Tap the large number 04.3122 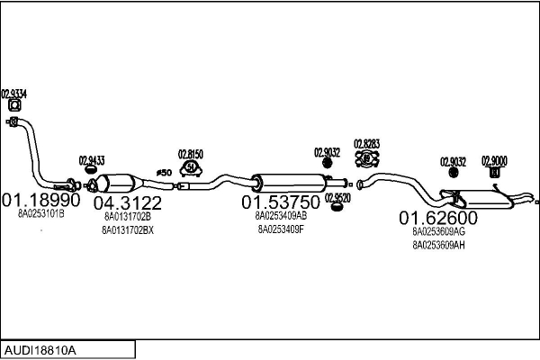(127, 202)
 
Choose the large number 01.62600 (438, 218)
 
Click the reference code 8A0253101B (41, 214)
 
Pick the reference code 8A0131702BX (127, 230)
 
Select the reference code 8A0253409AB (281, 216)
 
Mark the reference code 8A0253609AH (438, 245)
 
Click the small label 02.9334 (13, 93)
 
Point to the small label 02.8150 (191, 153)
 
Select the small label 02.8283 (366, 143)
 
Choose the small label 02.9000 (494, 161)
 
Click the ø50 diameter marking (164, 173)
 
